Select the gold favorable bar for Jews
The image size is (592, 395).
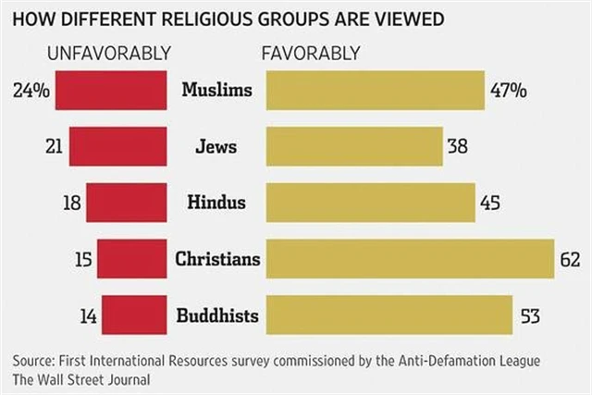coord(354,147)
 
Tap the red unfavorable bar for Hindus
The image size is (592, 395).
coord(126,203)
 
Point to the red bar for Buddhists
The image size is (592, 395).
coord(134,314)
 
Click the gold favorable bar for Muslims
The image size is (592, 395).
coord(375,92)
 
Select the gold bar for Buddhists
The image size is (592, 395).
coord(389,314)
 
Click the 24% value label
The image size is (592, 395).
coord(31,92)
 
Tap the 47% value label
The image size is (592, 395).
coord(509,92)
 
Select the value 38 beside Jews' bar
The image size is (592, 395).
coord(458,147)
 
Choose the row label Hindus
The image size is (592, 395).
coord(216,203)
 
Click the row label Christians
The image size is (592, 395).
coord(217,258)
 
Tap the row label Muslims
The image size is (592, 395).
coord(216,91)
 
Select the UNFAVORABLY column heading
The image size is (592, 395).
coord(109,53)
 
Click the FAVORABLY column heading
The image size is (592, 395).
coord(311,53)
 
